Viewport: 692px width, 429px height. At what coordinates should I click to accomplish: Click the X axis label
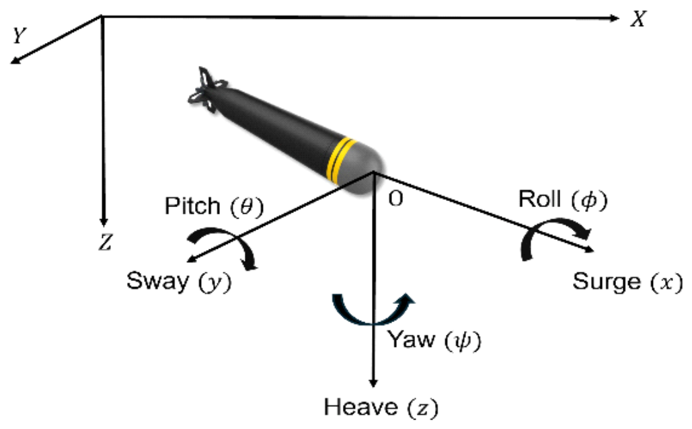(x=638, y=19)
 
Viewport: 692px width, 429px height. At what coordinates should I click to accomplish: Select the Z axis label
(x=104, y=243)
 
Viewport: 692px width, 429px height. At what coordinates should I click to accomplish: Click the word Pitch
(x=192, y=206)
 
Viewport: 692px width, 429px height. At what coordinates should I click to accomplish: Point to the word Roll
(x=537, y=200)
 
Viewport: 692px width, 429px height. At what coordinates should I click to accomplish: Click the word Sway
(x=157, y=280)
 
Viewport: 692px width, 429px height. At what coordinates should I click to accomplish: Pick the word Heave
(x=356, y=407)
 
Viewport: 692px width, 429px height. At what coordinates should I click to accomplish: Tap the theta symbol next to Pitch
(x=245, y=206)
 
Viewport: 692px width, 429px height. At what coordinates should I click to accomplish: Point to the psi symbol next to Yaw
(x=463, y=342)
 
